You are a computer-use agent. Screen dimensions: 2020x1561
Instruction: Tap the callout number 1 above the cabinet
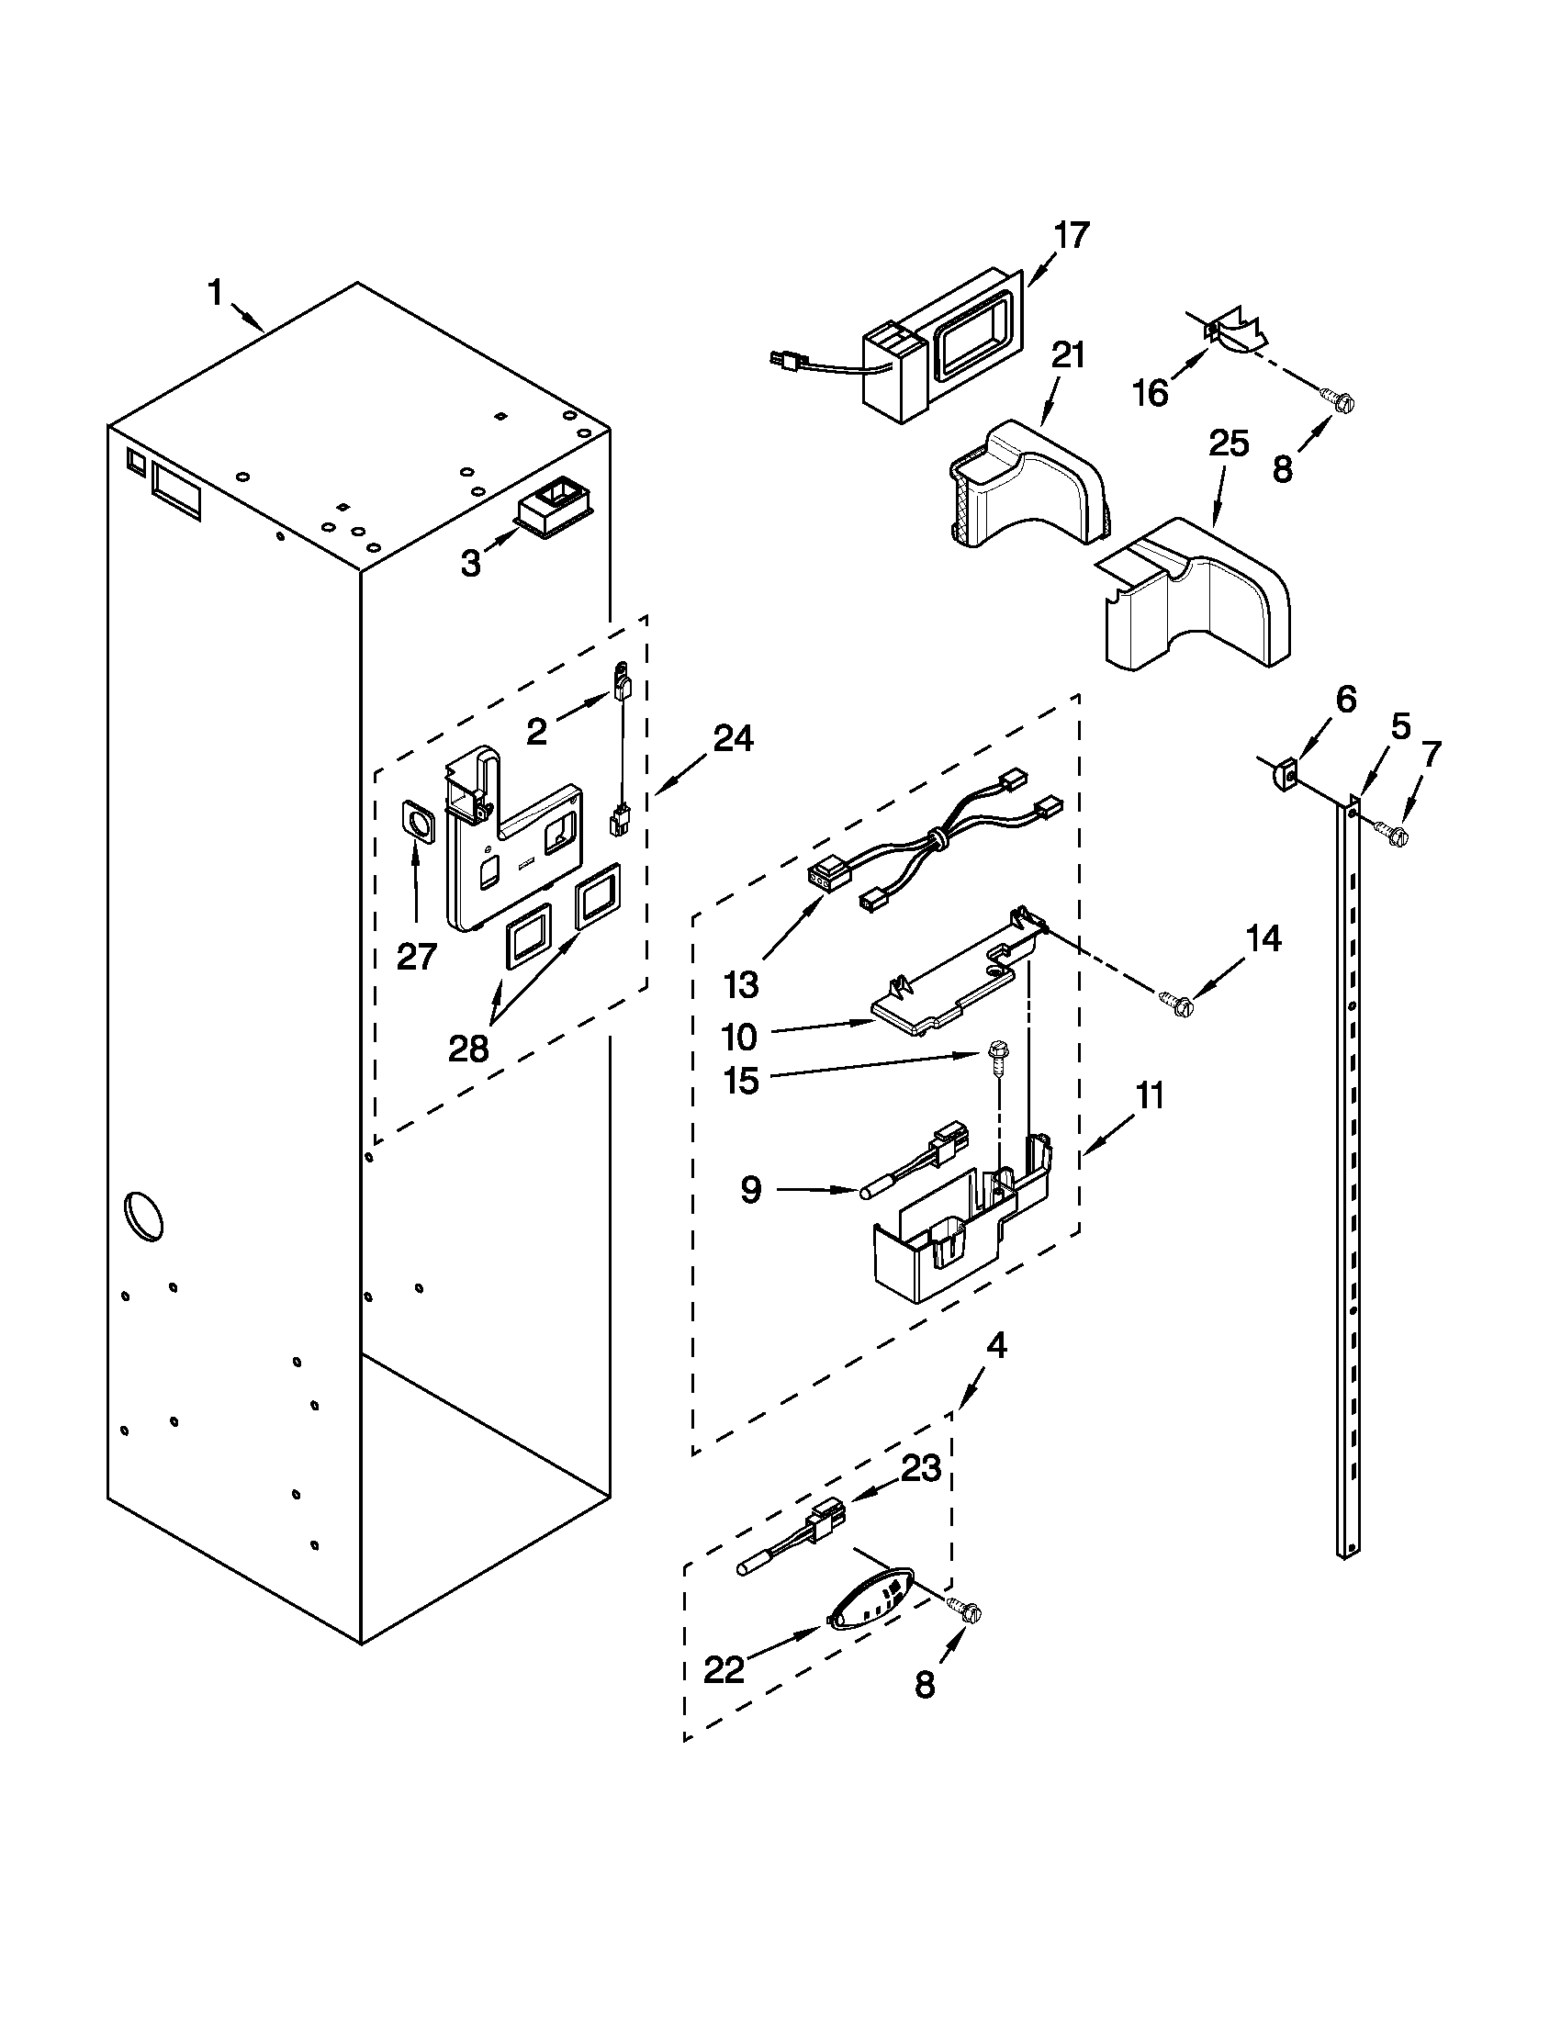click(215, 294)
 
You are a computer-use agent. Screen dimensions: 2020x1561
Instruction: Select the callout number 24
click(733, 737)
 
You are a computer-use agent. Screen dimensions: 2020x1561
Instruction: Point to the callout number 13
click(741, 985)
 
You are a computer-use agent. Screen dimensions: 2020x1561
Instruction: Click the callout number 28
click(468, 1049)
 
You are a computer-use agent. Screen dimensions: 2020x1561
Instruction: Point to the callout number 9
click(750, 1189)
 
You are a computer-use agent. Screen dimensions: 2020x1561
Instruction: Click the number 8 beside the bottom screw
click(925, 1686)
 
